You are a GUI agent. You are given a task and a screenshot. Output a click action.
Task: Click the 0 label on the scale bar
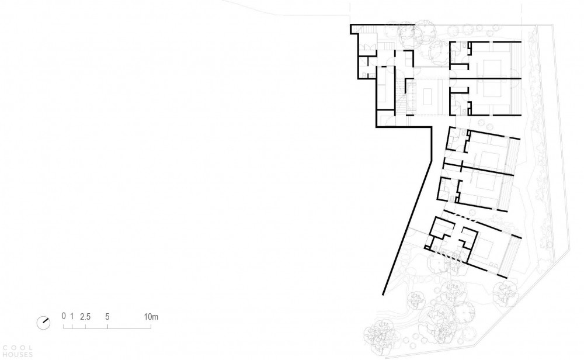click(64, 316)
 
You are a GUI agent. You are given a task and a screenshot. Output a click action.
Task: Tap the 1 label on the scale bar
click(72, 316)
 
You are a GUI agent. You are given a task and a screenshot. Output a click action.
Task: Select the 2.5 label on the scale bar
click(85, 317)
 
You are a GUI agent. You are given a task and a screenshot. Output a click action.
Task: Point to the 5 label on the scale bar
click(107, 317)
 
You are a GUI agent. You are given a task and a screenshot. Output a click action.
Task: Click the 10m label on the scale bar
click(151, 317)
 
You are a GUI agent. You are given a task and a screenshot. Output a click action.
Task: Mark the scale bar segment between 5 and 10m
click(129, 327)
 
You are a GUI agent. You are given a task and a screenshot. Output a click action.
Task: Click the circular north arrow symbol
click(43, 323)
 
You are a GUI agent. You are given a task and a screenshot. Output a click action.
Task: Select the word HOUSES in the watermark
click(18, 355)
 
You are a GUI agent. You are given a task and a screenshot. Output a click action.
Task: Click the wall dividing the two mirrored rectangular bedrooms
click(485, 78)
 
